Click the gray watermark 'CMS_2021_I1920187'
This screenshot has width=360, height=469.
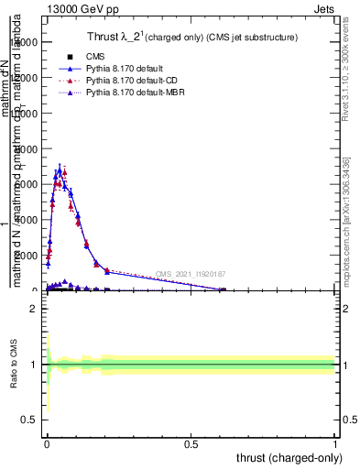[x=191, y=274]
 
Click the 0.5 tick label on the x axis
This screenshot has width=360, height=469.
[x=191, y=443]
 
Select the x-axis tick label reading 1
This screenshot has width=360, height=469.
[x=335, y=443]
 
